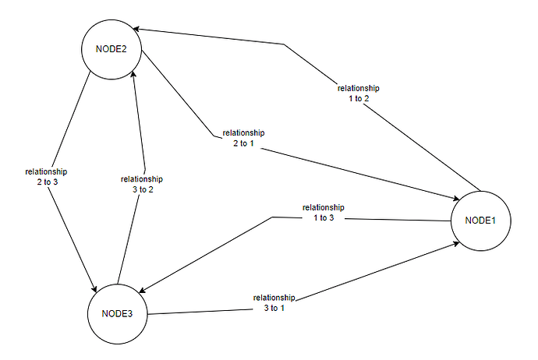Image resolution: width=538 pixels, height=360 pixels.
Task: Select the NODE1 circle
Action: [x=480, y=221]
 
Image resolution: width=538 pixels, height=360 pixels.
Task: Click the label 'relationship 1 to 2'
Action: [x=359, y=94]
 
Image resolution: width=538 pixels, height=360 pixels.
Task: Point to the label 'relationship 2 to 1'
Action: [x=243, y=139]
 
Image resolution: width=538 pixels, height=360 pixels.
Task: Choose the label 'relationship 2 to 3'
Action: [x=46, y=176]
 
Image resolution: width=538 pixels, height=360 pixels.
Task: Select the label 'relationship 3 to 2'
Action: [x=142, y=184]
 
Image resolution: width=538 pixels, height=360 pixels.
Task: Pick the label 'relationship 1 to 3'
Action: [x=324, y=212]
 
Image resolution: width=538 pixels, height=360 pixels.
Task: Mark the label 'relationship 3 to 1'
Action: [x=274, y=302]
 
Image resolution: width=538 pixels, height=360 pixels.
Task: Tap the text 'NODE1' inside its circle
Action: [x=480, y=221]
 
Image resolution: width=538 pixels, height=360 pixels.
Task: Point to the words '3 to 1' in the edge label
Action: [x=274, y=308]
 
